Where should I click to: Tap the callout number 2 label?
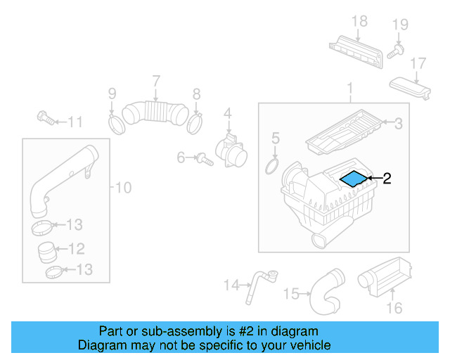pos(386,179)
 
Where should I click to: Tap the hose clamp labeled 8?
pos(195,123)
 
